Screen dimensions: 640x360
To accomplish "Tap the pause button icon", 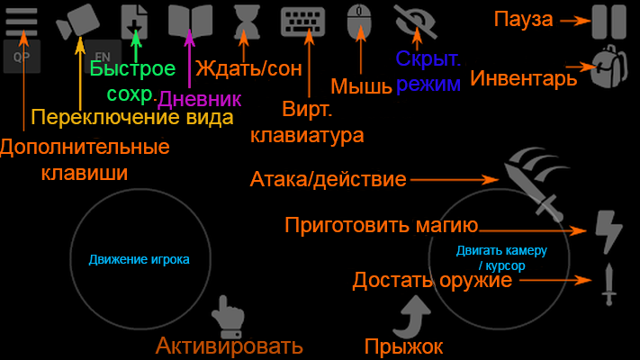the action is [609, 22].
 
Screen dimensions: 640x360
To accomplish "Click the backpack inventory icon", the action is [609, 67].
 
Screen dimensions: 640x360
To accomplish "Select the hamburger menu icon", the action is [22, 22].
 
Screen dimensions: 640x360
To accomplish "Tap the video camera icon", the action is [77, 22].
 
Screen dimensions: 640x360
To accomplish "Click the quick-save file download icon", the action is [134, 22].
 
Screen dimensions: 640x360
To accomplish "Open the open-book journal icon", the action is [190, 22].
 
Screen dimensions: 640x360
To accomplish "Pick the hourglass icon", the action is [247, 22].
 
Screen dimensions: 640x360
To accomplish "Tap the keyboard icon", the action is [302, 22].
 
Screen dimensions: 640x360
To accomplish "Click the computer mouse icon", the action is [359, 22].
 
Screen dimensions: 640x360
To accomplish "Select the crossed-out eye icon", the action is [416, 22].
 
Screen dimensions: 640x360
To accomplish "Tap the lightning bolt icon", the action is [608, 231].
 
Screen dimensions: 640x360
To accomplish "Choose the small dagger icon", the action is [609, 284].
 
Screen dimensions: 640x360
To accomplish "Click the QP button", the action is [22, 57].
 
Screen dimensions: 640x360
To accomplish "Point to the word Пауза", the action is [523, 19].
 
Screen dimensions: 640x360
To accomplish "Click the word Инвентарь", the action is [524, 77].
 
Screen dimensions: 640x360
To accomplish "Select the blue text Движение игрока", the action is [140, 259].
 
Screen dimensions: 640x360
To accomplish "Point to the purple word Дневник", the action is [199, 99].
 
